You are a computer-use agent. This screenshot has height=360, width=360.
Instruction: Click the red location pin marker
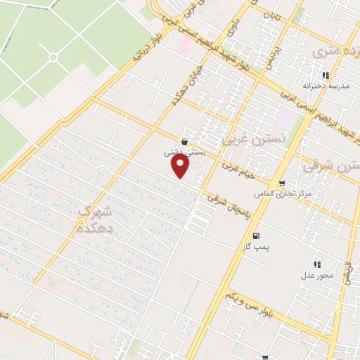(181, 166)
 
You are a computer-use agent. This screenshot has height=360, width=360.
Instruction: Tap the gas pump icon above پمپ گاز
(255, 236)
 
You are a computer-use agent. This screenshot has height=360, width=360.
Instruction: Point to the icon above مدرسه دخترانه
(325, 75)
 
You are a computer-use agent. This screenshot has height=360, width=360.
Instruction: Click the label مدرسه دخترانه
(324, 86)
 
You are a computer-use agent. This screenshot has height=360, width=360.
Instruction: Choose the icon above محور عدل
(317, 264)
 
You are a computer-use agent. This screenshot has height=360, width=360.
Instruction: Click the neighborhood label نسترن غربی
(245, 140)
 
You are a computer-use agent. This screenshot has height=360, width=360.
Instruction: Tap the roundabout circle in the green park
(53, 57)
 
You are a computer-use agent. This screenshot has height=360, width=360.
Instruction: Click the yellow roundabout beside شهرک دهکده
(80, 223)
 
